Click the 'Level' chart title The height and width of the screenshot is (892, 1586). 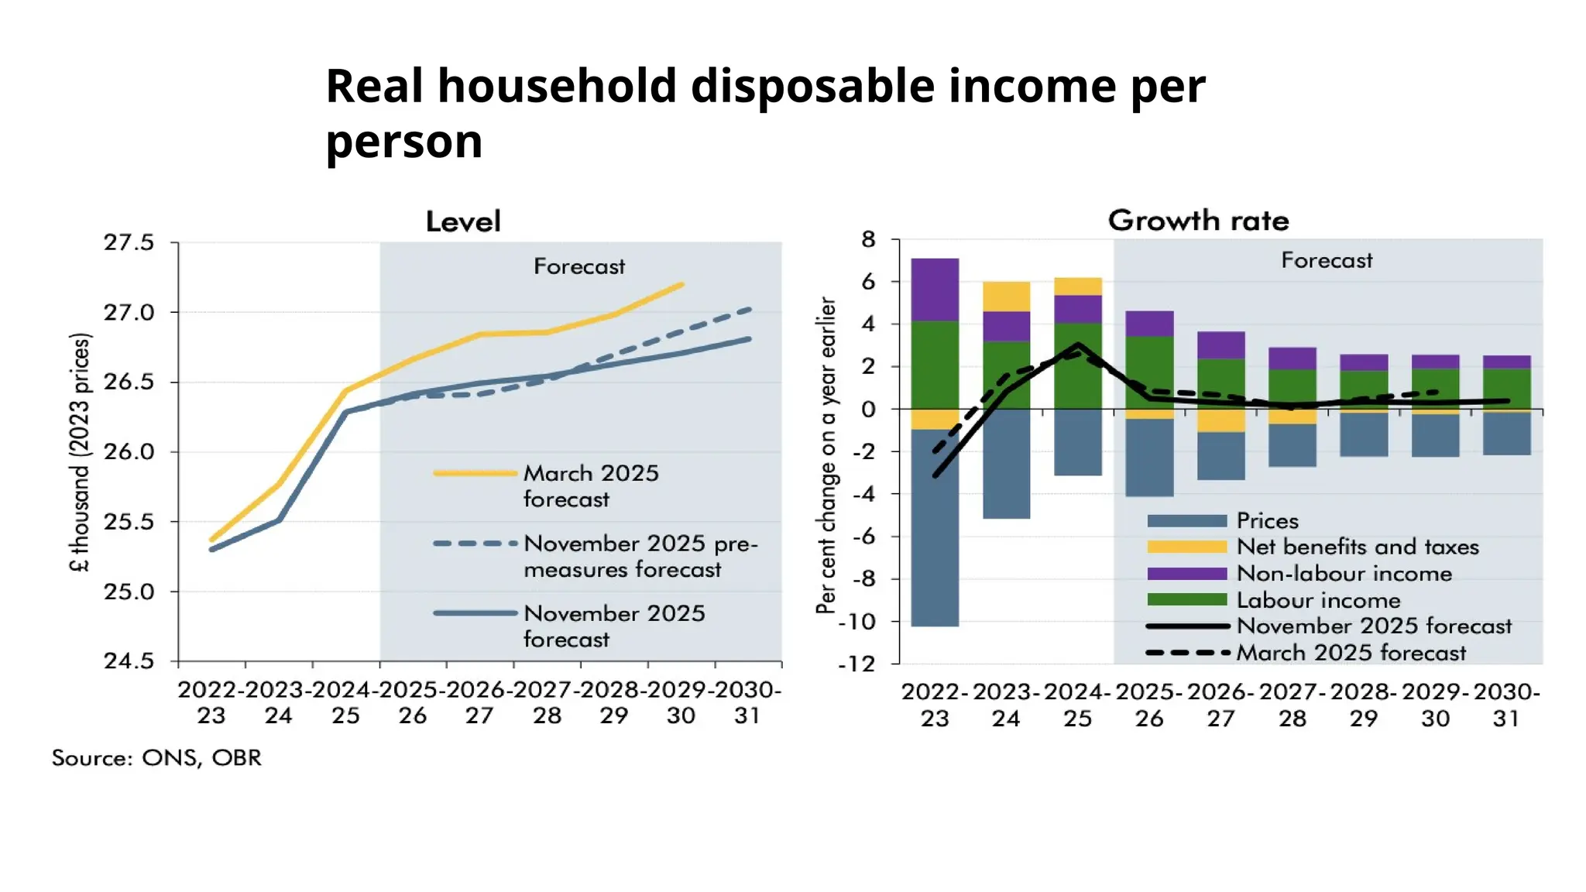pyautogui.click(x=463, y=221)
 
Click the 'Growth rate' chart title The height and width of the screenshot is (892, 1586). pyautogui.click(x=1198, y=221)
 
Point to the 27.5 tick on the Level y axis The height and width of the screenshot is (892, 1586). pyautogui.click(x=129, y=242)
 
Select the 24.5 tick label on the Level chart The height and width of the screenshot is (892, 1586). pyautogui.click(x=129, y=661)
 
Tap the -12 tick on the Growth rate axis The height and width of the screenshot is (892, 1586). pyautogui.click(x=856, y=664)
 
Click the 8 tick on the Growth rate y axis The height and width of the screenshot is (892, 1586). pyautogui.click(x=868, y=239)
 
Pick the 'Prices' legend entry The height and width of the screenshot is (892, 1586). pyautogui.click(x=1267, y=520)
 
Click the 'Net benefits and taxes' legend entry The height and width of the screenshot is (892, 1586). pyautogui.click(x=1357, y=547)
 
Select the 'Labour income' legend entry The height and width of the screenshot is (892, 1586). pyautogui.click(x=1318, y=600)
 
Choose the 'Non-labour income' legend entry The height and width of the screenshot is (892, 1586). pyautogui.click(x=1344, y=574)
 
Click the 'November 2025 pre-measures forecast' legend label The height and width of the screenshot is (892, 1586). pyautogui.click(x=640, y=556)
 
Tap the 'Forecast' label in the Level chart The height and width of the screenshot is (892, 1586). pyautogui.click(x=578, y=266)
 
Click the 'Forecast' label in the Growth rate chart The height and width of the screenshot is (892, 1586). pyautogui.click(x=1327, y=260)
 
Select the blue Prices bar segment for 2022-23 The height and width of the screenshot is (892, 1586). pyautogui.click(x=935, y=527)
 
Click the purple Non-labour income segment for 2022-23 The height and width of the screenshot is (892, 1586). pyautogui.click(x=935, y=290)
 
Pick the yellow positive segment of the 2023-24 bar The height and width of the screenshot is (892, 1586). pyautogui.click(x=1006, y=297)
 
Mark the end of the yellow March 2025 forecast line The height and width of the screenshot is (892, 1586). pyautogui.click(x=681, y=284)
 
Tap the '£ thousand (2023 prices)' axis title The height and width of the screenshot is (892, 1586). pyautogui.click(x=80, y=452)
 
